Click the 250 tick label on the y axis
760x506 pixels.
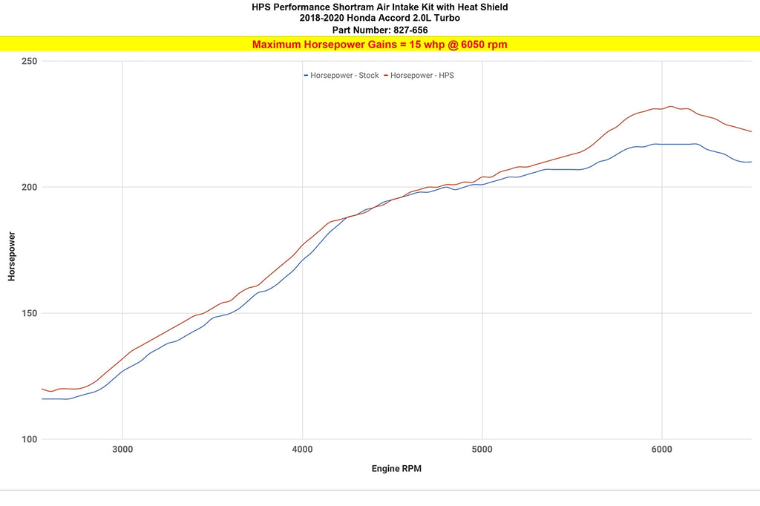pos(29,61)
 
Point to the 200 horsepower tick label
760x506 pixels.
pos(29,187)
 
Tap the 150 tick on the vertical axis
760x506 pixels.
pos(29,313)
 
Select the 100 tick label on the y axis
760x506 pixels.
pos(29,439)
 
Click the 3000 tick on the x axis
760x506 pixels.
pos(122,450)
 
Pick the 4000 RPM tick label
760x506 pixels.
pos(303,450)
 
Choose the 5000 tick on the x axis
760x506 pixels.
pos(482,450)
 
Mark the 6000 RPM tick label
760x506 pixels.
pos(662,450)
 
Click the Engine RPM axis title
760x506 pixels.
pos(396,469)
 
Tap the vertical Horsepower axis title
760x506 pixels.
pos(12,257)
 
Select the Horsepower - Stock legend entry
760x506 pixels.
pos(341,76)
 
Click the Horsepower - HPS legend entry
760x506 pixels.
pos(419,76)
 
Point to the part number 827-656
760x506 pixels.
pos(410,30)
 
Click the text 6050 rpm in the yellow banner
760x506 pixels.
pos(484,45)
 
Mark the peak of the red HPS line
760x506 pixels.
pos(671,106)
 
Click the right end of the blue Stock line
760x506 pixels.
pos(751,162)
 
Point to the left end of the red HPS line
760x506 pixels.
pos(42,389)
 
